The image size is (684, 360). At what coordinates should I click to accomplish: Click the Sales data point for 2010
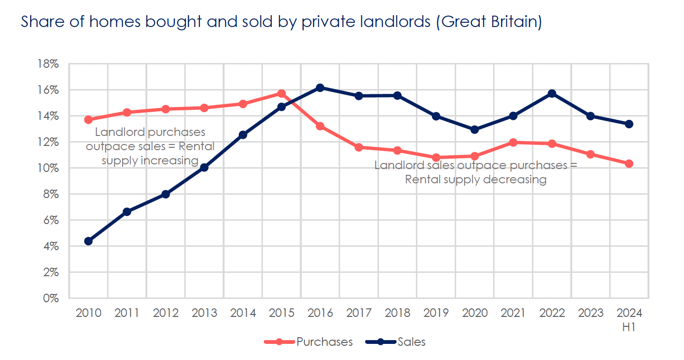tap(88, 241)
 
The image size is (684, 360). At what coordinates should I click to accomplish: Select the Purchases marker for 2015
tap(282, 93)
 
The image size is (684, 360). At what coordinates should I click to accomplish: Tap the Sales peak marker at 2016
tap(320, 88)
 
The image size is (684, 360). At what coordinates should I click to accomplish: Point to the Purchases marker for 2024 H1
tap(629, 163)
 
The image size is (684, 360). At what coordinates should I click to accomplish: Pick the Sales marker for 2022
tap(552, 93)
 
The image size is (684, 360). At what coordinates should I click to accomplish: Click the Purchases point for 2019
tap(436, 157)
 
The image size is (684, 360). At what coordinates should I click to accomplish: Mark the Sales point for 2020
tap(475, 129)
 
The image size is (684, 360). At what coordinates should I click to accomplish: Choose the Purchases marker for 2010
tap(88, 119)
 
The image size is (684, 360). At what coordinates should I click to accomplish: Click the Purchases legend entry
tap(324, 342)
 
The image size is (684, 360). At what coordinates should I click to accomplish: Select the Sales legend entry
tap(412, 342)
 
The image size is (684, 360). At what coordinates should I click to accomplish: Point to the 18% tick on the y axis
tap(49, 64)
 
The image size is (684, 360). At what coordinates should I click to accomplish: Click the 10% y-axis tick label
tap(49, 168)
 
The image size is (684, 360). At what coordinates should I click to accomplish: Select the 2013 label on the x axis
tap(204, 313)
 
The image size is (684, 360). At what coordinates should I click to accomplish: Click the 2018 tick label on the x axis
tap(397, 313)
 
